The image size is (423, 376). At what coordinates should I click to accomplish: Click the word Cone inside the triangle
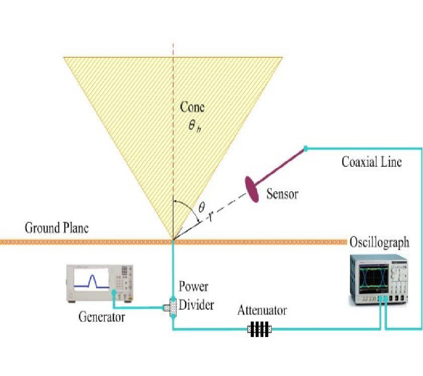(x=192, y=107)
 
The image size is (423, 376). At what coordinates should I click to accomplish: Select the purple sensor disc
(x=252, y=188)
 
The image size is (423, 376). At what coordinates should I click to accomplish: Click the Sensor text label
(x=282, y=193)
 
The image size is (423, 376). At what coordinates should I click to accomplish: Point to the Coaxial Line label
(x=372, y=162)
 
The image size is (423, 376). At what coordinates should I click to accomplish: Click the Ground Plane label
(x=56, y=228)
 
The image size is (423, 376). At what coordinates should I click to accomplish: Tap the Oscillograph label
(x=379, y=243)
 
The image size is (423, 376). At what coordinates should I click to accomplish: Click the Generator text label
(x=102, y=317)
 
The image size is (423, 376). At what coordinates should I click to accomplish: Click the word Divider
(x=196, y=305)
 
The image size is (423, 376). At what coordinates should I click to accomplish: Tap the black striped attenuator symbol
(x=259, y=329)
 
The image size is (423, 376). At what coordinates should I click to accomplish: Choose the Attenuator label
(x=262, y=311)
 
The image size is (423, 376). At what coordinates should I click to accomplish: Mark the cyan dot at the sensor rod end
(x=305, y=149)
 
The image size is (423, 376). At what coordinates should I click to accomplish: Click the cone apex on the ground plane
(x=173, y=241)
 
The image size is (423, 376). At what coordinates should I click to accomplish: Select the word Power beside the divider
(x=193, y=287)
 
